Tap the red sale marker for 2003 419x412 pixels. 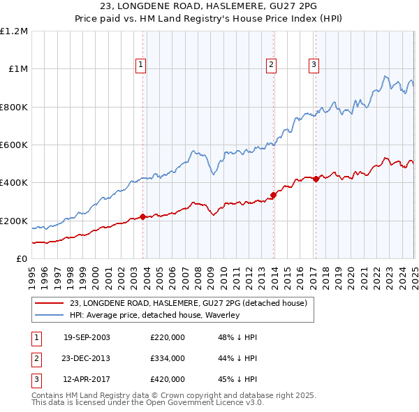pyautogui.click(x=142, y=216)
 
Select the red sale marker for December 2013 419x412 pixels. pyautogui.click(x=273, y=195)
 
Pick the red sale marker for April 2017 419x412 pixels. pyautogui.click(x=316, y=179)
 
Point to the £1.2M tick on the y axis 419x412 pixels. pyautogui.click(x=14, y=31)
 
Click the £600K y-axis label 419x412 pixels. pyautogui.click(x=14, y=145)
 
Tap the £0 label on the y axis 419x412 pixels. pyautogui.click(x=21, y=259)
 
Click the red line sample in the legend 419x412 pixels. pyautogui.click(x=50, y=303)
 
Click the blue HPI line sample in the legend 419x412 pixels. pyautogui.click(x=50, y=316)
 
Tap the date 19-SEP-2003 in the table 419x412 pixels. pyautogui.click(x=87, y=337)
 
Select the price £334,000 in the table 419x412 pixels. pyautogui.click(x=168, y=358)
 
